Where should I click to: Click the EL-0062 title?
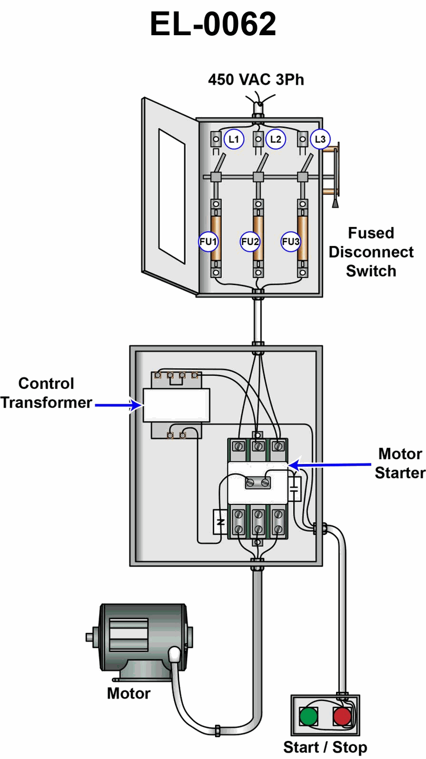pos(213,25)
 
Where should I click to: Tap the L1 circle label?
pos(233,140)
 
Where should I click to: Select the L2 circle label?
pos(275,140)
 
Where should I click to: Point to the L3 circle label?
pos(319,140)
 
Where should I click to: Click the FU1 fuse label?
pos(209,242)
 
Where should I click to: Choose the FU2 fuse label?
pos(250,242)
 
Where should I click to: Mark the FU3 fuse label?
pos(291,242)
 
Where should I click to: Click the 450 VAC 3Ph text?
pos(256,80)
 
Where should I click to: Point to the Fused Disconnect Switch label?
pos(371,252)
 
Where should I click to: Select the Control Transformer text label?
pos(46,393)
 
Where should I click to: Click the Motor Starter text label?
pos(400,463)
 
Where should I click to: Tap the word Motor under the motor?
pos(128,693)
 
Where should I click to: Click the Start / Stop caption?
pos(325,747)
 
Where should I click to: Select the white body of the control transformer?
pos(176,405)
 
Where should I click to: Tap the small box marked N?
pos(220,522)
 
